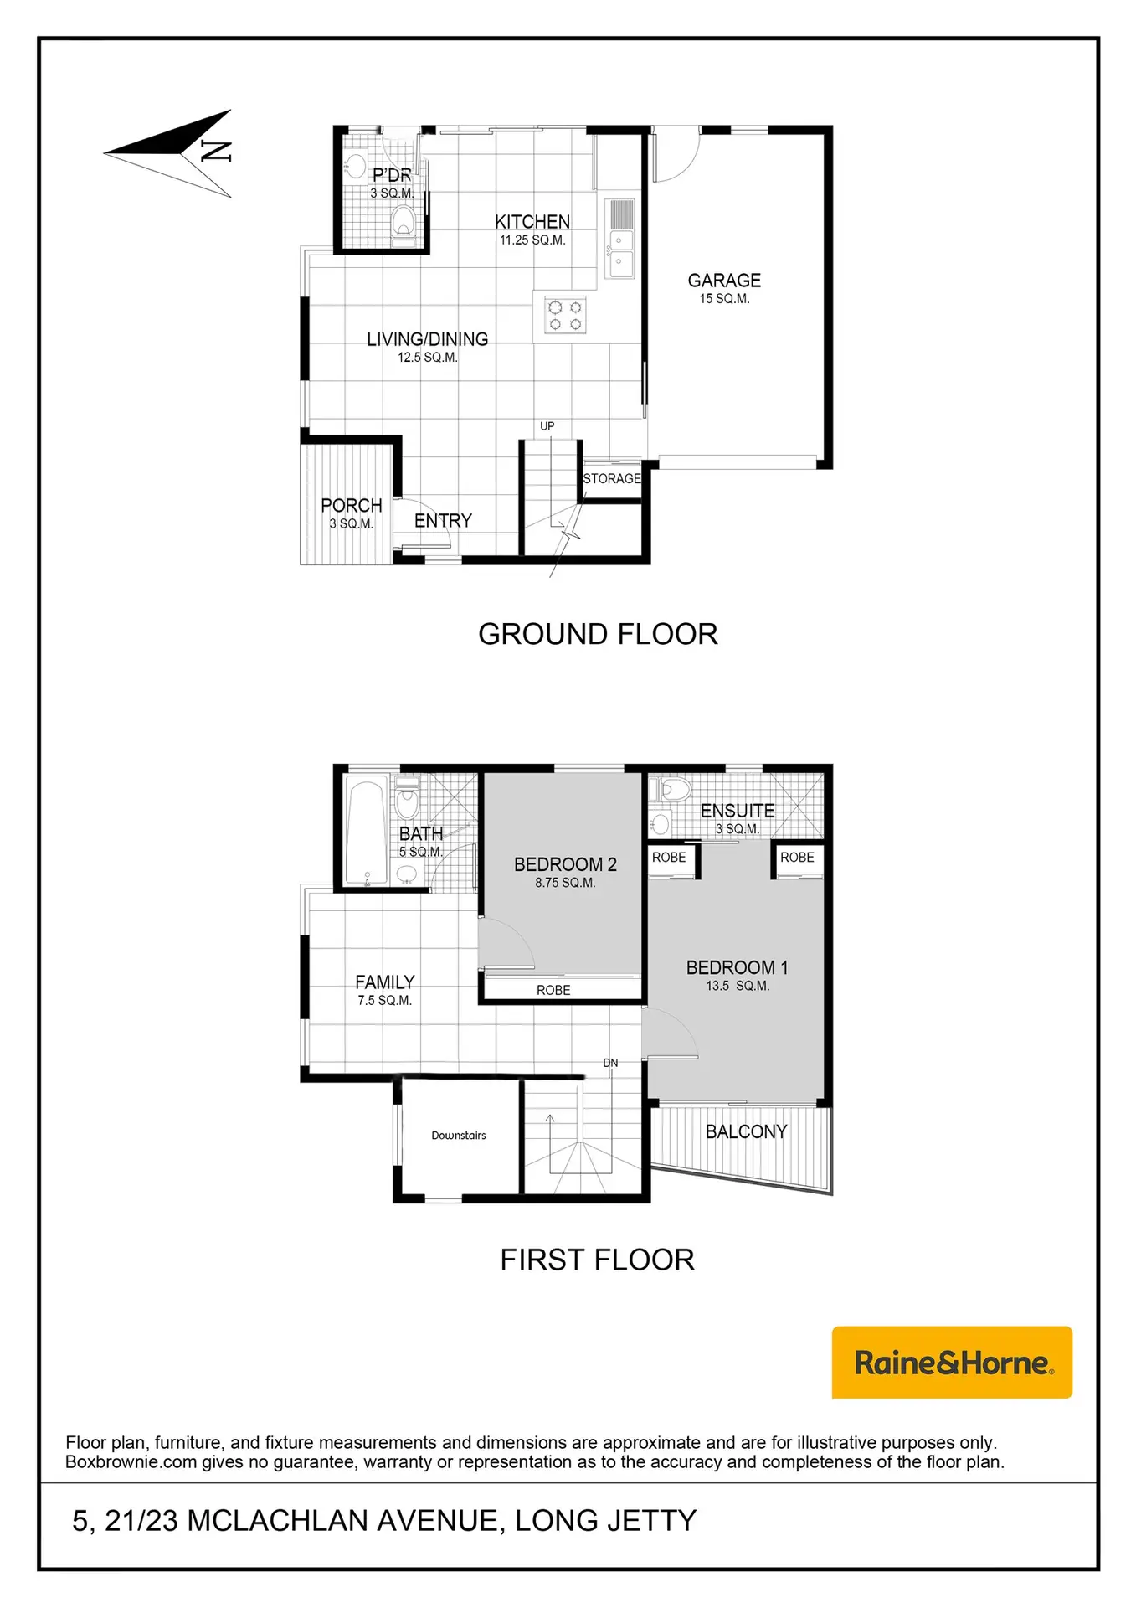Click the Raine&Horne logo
[952, 1362]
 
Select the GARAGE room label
[724, 281]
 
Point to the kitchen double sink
[620, 239]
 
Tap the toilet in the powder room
[404, 223]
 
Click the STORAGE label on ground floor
[612, 479]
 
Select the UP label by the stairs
[547, 426]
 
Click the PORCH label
[352, 506]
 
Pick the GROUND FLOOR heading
[598, 634]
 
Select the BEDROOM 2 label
[565, 864]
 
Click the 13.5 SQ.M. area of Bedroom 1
[738, 986]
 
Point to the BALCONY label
[747, 1131]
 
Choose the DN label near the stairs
[611, 1063]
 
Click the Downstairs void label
[459, 1136]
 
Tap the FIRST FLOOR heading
[598, 1260]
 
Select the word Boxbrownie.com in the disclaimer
[131, 1462]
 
